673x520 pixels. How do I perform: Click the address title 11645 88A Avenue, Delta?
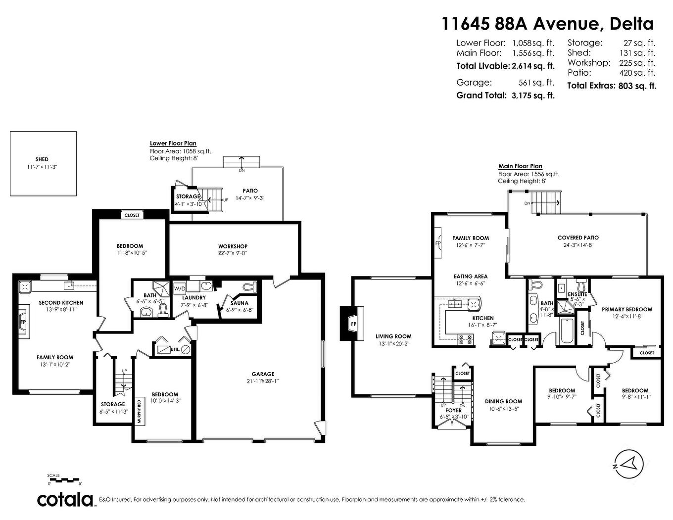pyautogui.click(x=547, y=23)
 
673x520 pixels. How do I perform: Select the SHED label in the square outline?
pyautogui.click(x=42, y=159)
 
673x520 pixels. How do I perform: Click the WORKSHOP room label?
pyautogui.click(x=233, y=246)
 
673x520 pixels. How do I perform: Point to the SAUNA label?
pyautogui.click(x=240, y=303)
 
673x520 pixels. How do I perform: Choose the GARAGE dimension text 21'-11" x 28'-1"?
pyautogui.click(x=262, y=381)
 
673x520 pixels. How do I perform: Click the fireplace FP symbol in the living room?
pyautogui.click(x=353, y=324)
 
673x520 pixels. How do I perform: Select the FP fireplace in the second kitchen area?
pyautogui.click(x=23, y=322)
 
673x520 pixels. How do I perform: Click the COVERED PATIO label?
pyautogui.click(x=577, y=237)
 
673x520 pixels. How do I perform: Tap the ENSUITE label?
pyautogui.click(x=577, y=294)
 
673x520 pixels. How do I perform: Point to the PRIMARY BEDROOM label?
pyautogui.click(x=626, y=309)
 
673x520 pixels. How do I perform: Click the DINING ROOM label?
pyautogui.click(x=503, y=401)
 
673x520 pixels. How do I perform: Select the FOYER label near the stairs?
pyautogui.click(x=453, y=410)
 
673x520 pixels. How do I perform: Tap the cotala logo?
pyautogui.click(x=66, y=499)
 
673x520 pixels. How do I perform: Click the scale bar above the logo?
pyautogui.click(x=64, y=480)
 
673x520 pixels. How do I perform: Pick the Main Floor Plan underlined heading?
pyautogui.click(x=520, y=166)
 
